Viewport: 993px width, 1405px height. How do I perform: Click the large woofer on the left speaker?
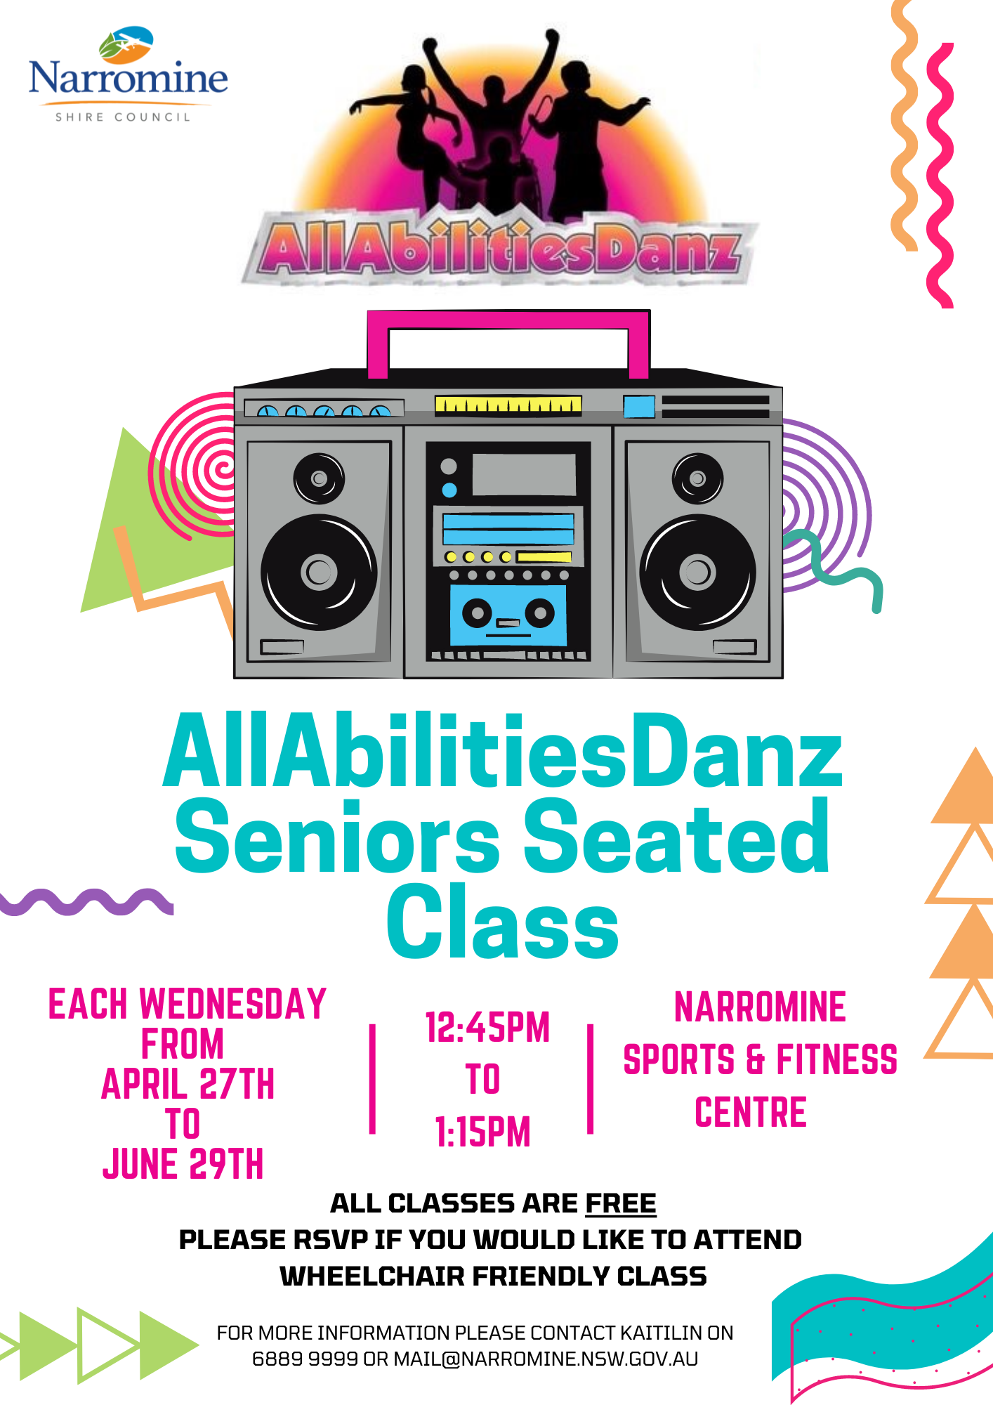pos(319,572)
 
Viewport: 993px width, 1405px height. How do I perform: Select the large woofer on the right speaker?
pos(697,572)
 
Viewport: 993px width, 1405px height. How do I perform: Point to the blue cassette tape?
pos(508,615)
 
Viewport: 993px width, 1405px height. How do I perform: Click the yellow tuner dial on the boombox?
pos(508,405)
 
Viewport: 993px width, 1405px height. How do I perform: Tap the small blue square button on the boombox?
pos(639,407)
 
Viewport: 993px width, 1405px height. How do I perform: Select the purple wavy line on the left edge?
pos(86,901)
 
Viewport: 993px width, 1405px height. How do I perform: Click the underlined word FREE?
pos(621,1203)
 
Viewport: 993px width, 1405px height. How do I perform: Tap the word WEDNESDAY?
pos(233,1003)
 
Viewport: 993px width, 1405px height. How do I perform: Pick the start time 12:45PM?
pos(487,1027)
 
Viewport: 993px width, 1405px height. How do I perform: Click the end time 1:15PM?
pos(483,1132)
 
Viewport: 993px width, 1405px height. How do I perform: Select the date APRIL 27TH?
pos(188,1084)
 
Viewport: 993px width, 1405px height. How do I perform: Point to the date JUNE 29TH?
pos(183,1164)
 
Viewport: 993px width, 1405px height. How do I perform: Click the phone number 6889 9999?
pos(305,1359)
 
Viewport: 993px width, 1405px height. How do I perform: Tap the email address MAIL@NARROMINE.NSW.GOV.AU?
pos(546,1359)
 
